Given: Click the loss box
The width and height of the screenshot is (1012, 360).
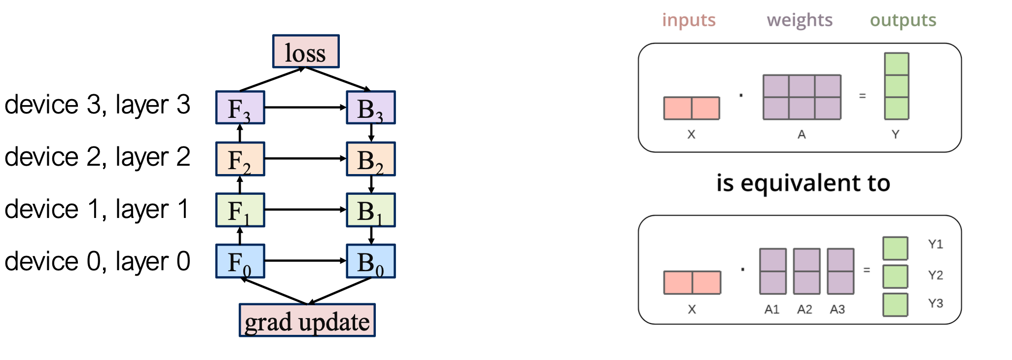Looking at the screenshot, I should click(x=306, y=51).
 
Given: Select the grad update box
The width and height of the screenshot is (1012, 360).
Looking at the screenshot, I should click(x=307, y=321).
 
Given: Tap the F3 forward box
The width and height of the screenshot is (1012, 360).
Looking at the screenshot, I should click(x=240, y=108).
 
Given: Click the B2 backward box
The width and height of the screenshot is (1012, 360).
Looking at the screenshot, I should click(x=371, y=159).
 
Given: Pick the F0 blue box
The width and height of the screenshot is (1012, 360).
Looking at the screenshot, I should click(x=240, y=261).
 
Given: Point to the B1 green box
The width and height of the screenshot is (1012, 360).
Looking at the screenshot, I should click(x=371, y=210).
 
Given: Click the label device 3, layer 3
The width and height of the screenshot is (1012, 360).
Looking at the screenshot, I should click(x=97, y=105).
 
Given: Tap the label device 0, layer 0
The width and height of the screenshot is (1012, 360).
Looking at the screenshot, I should click(x=97, y=261).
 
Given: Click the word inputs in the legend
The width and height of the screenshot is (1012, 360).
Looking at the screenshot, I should click(x=688, y=20).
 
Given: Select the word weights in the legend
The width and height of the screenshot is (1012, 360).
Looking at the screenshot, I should click(x=799, y=20).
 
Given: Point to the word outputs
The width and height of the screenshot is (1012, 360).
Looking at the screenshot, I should click(x=903, y=20).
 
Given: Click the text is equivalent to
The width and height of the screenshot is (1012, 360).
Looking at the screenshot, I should click(x=803, y=183).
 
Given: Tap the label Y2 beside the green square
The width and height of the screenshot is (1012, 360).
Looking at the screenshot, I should click(x=935, y=275).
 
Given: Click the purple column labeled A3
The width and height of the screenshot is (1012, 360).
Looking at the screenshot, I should click(x=840, y=271).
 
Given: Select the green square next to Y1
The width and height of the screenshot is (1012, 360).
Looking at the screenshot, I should click(x=895, y=249).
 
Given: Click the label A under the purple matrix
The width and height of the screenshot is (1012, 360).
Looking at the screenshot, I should click(x=801, y=134).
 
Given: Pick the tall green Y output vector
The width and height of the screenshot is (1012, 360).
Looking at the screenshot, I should click(x=896, y=86).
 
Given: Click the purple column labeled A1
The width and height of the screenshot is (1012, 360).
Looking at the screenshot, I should click(x=773, y=271).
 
